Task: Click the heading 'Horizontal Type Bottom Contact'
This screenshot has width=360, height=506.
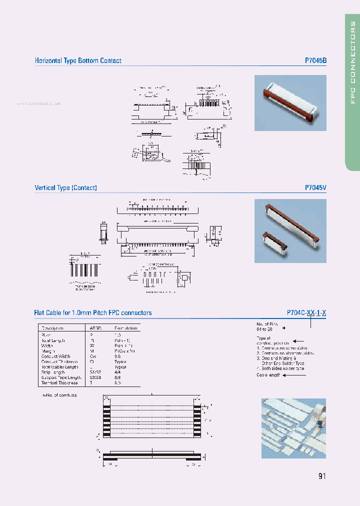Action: (x=78, y=60)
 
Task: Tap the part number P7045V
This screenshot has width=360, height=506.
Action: (x=315, y=188)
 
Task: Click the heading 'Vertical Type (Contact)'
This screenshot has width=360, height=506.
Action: (x=65, y=188)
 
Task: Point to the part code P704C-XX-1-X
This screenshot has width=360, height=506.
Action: (x=306, y=313)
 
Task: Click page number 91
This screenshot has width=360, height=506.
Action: (x=321, y=475)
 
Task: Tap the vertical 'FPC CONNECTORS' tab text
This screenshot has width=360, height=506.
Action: (x=352, y=62)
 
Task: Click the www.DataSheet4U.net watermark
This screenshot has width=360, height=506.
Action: (x=38, y=103)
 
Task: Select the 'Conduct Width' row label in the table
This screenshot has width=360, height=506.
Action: (x=55, y=356)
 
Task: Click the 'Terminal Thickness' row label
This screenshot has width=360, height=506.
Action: (x=59, y=383)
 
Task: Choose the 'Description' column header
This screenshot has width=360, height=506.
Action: (x=52, y=328)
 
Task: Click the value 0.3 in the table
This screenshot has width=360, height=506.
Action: (x=117, y=383)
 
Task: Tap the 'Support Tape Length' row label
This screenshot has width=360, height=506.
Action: (x=61, y=377)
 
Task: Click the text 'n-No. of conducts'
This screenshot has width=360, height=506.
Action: (x=59, y=395)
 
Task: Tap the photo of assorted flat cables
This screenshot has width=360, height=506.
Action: (x=293, y=428)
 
